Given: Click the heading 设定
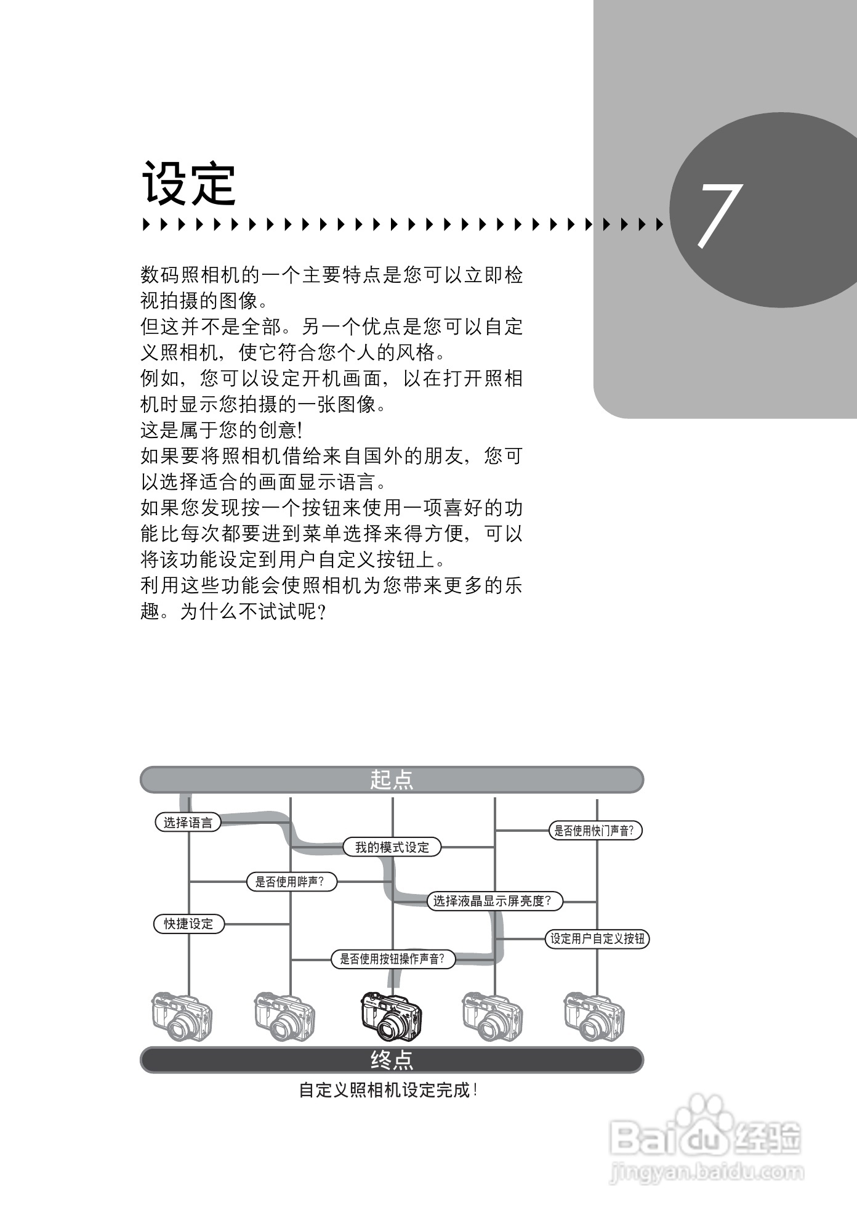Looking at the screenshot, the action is [x=189, y=183].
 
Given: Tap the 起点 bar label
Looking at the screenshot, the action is [x=392, y=779].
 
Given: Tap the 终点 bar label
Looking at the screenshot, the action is [x=392, y=1060].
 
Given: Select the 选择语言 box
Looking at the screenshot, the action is [x=188, y=822].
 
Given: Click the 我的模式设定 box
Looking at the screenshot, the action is [x=392, y=847].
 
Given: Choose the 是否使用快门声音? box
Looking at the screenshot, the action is [x=595, y=831].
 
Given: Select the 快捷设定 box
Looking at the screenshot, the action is [x=188, y=924].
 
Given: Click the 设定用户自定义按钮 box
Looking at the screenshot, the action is [x=597, y=939].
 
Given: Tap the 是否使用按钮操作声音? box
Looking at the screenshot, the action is [x=393, y=959].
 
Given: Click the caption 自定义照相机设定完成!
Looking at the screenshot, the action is [x=388, y=1090].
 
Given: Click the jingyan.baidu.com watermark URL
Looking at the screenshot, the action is [x=706, y=1169].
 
